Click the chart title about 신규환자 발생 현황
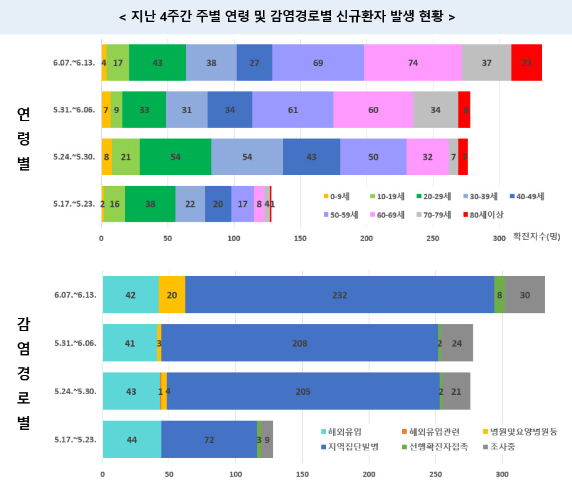(286, 16)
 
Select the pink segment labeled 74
(413, 62)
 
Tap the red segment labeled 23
(526, 62)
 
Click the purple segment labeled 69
(318, 62)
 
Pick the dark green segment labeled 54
(175, 156)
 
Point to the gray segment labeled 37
(486, 62)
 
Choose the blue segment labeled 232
(340, 295)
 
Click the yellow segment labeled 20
(172, 295)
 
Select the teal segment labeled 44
(132, 439)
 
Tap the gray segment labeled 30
(525, 295)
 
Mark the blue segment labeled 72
(209, 439)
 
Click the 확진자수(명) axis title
(536, 237)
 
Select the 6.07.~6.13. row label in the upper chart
(74, 62)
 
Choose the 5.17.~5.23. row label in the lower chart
(74, 439)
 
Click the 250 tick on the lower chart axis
(435, 474)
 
